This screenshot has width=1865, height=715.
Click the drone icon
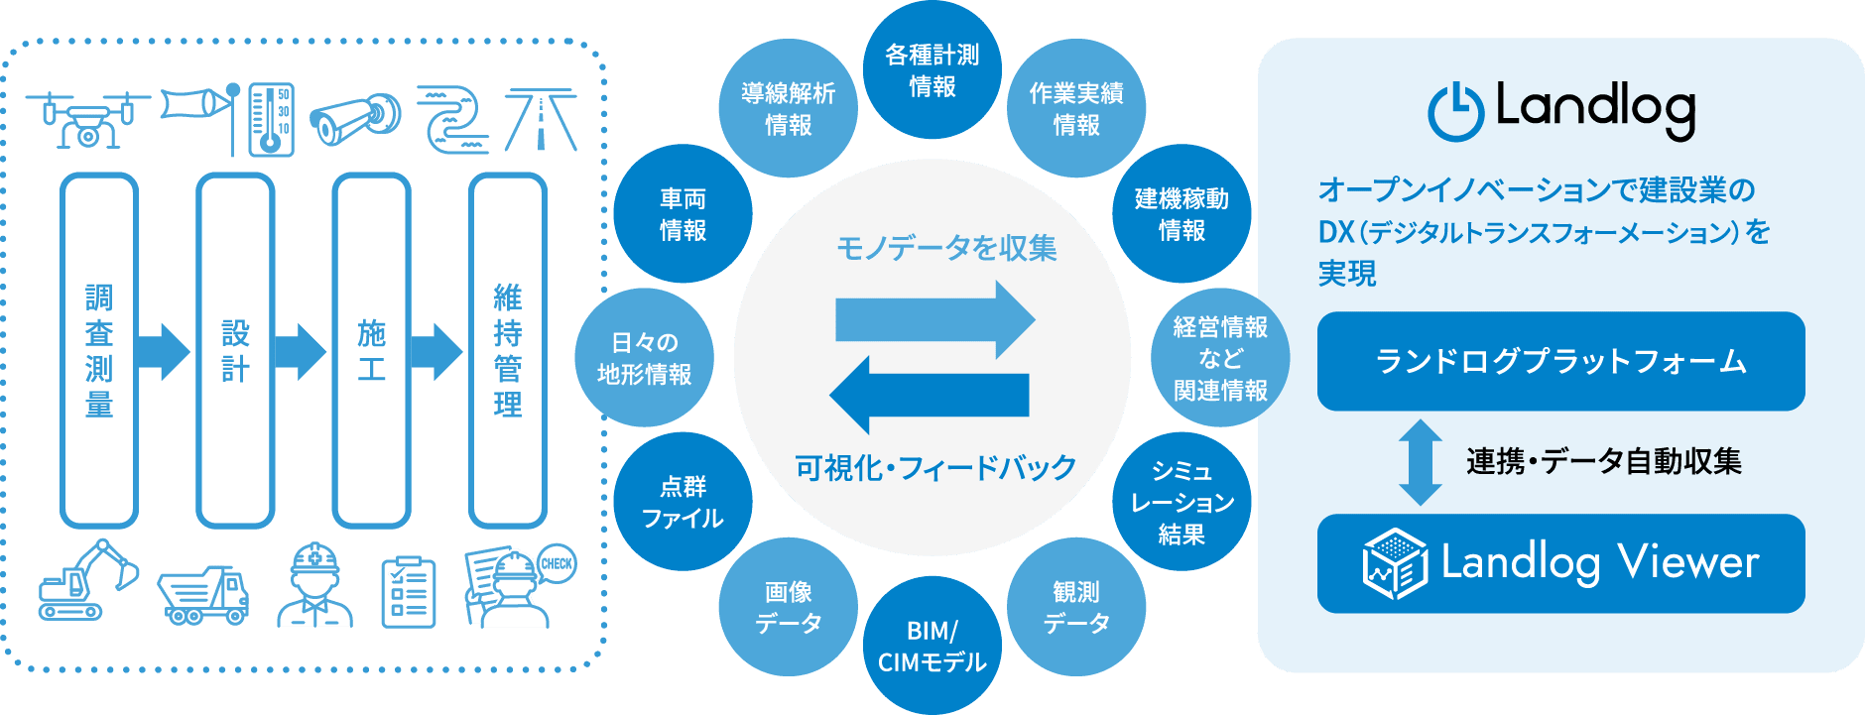click(x=86, y=120)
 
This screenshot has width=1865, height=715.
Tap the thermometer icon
click(x=271, y=120)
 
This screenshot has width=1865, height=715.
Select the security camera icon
click(x=354, y=120)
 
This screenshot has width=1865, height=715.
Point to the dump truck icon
click(x=203, y=594)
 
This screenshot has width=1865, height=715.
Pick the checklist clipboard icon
click(x=409, y=592)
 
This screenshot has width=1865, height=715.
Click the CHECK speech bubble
click(x=557, y=563)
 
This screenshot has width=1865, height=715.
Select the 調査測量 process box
click(x=99, y=350)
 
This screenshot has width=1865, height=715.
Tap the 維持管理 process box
click(x=508, y=350)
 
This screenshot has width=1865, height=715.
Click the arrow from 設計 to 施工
click(x=300, y=351)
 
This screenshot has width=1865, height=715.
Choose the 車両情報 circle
click(x=683, y=214)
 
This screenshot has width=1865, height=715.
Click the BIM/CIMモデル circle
click(x=932, y=646)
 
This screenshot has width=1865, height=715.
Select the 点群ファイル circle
click(x=683, y=502)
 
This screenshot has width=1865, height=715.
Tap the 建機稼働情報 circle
click(x=1181, y=214)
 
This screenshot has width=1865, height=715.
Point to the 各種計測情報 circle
click(x=932, y=70)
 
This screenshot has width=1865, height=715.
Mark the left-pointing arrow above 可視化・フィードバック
click(x=929, y=396)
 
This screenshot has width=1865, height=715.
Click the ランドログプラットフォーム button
click(x=1560, y=361)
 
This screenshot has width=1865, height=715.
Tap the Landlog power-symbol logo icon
click(x=1455, y=112)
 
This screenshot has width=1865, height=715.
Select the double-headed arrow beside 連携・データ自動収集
click(x=1421, y=462)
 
